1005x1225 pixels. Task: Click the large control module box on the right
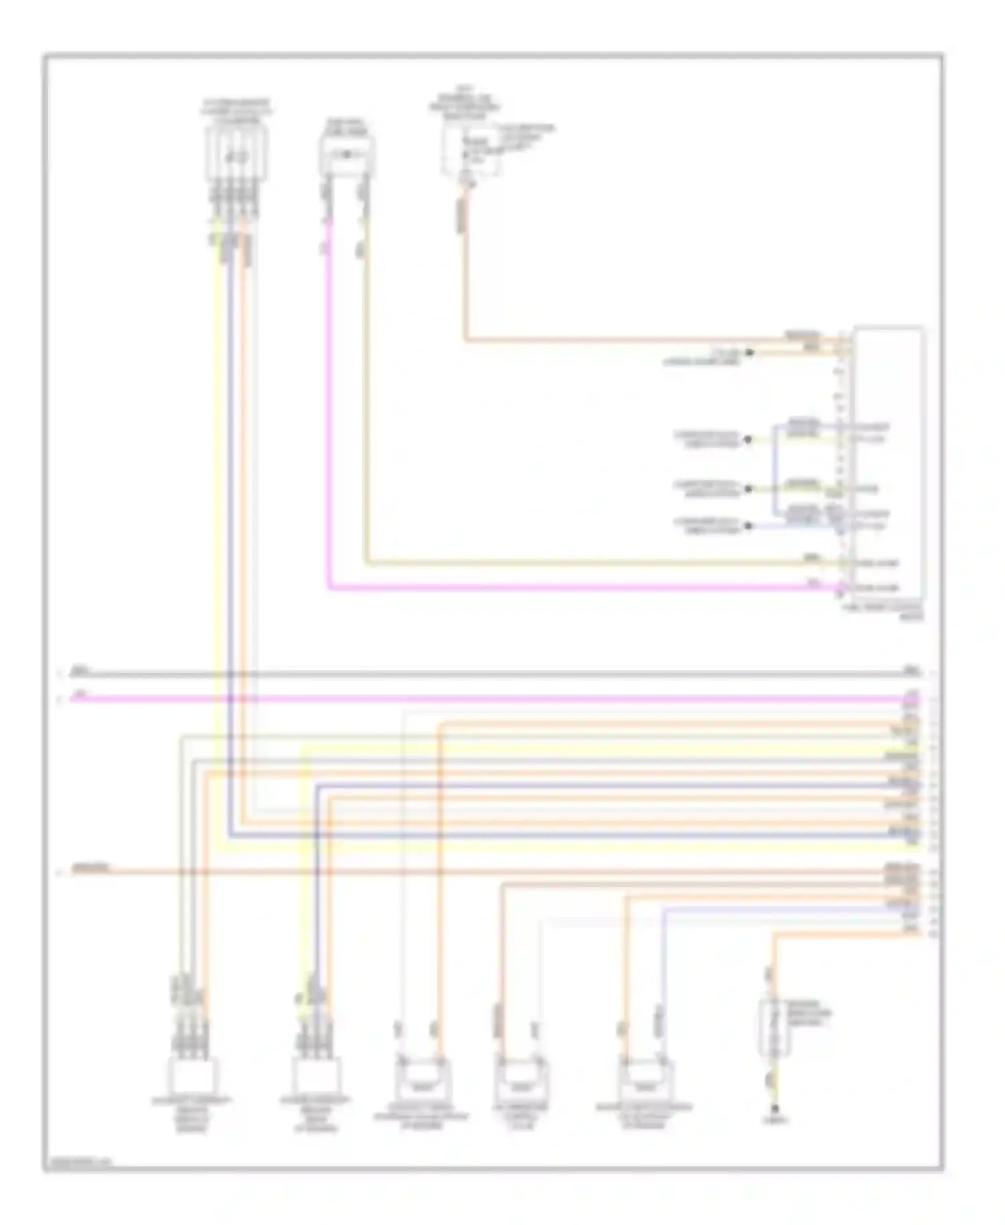889,462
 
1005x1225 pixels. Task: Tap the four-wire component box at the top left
236,154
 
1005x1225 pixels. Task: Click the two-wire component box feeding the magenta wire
346,155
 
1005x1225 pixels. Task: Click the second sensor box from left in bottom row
316,1075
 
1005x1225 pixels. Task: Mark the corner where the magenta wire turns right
329,588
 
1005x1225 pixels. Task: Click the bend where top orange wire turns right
466,340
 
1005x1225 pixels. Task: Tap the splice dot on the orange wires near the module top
750,352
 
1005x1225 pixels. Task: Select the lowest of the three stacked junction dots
748,526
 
